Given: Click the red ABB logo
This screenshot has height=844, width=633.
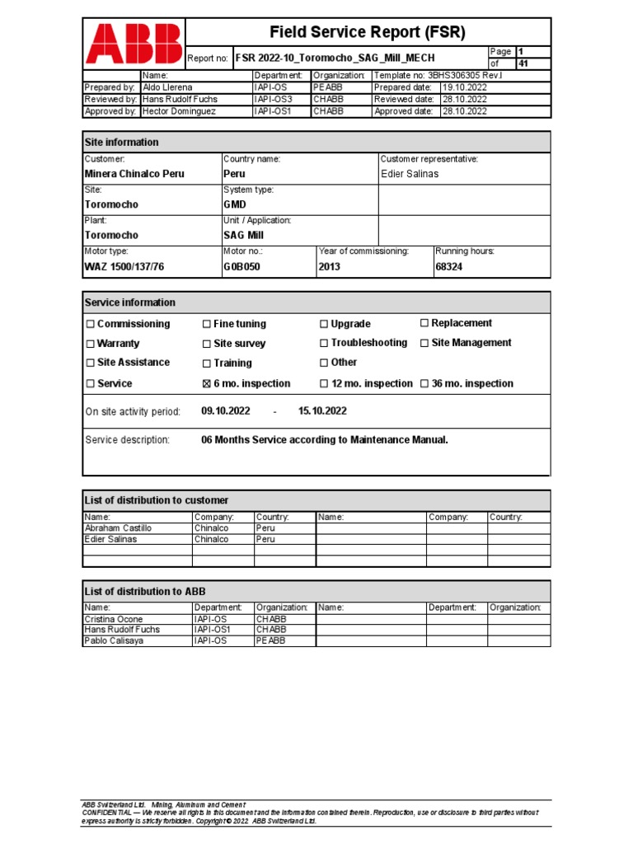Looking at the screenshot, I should [x=134, y=43].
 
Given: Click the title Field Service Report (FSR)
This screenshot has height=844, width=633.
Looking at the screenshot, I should [x=368, y=32].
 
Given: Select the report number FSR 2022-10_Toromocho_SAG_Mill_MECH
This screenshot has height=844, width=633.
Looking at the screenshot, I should [x=335, y=59].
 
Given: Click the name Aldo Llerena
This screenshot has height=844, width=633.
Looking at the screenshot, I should [x=168, y=87].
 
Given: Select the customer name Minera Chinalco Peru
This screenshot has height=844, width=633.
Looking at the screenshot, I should [x=134, y=174].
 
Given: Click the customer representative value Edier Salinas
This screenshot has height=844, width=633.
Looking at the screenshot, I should [x=410, y=174].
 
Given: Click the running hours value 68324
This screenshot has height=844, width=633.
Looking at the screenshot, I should [x=451, y=266].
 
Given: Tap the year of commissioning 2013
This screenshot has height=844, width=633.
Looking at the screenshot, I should [x=329, y=266].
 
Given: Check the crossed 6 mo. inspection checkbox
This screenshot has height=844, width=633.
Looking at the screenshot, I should [x=207, y=384].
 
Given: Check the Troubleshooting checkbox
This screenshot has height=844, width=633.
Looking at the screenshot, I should [x=324, y=343].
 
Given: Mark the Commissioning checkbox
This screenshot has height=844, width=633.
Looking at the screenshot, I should [x=91, y=324].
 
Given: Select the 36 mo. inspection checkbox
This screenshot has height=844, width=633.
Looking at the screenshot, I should [x=424, y=384].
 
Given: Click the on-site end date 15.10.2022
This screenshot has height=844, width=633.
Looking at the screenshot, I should [x=322, y=410].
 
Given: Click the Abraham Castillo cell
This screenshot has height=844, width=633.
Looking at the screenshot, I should [x=119, y=527].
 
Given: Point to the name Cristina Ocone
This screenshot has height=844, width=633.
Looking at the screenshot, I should [x=114, y=619].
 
